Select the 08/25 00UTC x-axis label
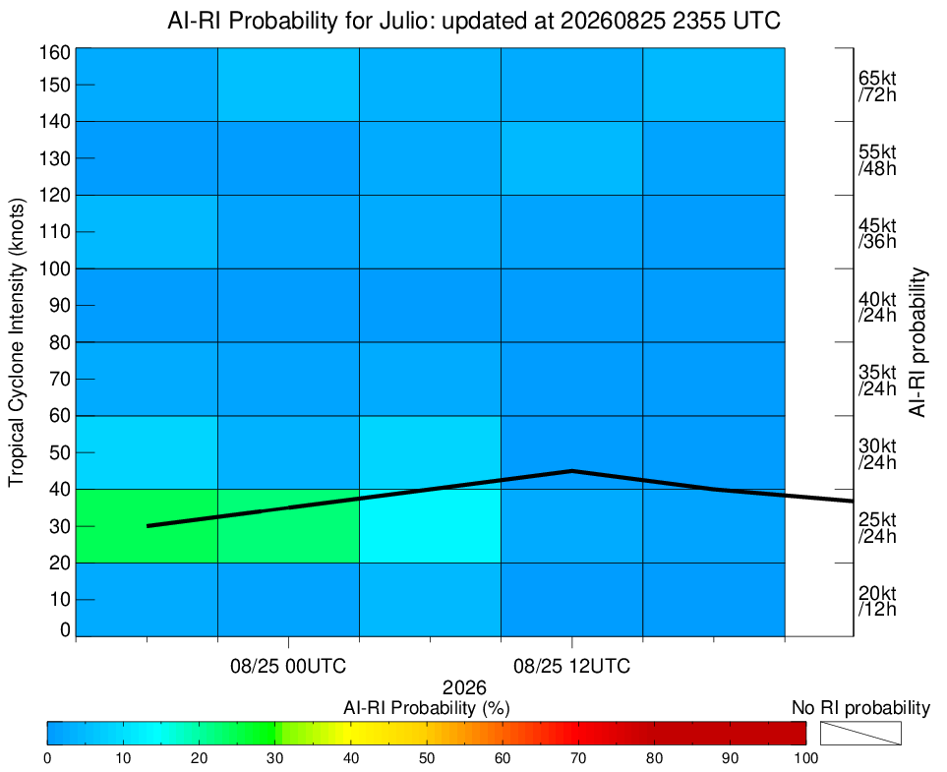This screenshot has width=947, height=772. (288, 667)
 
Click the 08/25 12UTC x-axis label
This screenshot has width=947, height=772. (572, 667)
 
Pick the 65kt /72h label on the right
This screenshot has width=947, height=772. (877, 87)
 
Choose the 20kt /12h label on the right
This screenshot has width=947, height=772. (877, 601)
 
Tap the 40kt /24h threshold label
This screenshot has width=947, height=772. (877, 307)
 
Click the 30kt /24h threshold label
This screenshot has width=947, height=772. (877, 454)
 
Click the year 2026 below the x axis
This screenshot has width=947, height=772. (464, 687)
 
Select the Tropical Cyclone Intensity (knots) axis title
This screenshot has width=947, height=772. (17, 342)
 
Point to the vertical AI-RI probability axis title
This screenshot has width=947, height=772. (917, 342)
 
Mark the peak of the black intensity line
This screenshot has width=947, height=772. (571, 470)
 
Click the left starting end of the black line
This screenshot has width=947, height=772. (148, 526)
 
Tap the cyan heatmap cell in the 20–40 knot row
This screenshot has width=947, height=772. (430, 525)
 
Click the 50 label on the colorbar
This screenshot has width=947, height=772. (427, 758)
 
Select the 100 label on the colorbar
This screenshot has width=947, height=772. (806, 758)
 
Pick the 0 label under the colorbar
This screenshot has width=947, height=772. (47, 758)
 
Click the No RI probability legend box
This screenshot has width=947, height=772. (860, 733)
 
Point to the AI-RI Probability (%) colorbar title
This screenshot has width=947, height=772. (427, 708)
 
